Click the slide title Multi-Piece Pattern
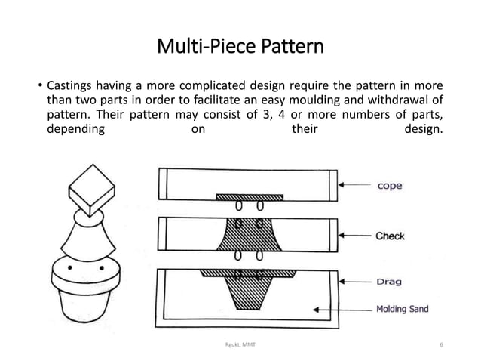pyautogui.click(x=240, y=49)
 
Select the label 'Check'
pyautogui.click(x=390, y=236)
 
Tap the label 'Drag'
pyautogui.click(x=389, y=282)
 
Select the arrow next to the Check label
pyautogui.click(x=354, y=236)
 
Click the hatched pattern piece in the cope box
pyautogui.click(x=247, y=197)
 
